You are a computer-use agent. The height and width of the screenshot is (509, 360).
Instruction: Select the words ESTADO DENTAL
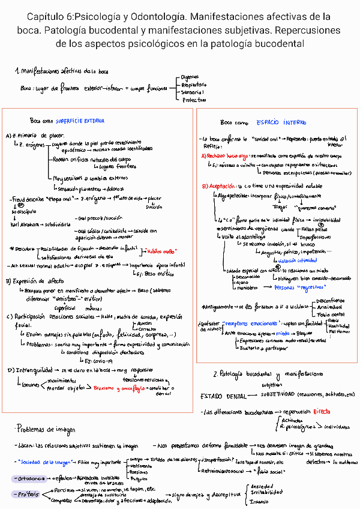click(x=224, y=396)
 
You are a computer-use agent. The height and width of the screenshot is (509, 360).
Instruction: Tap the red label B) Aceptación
click(x=219, y=186)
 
